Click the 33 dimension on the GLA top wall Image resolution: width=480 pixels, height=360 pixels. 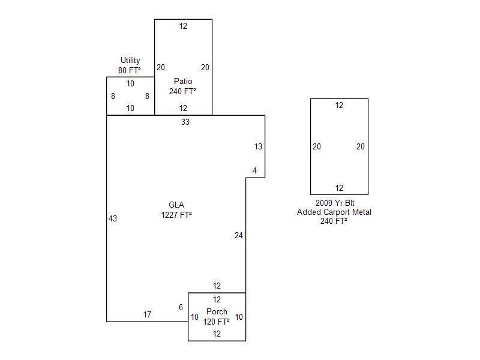(x=185, y=122)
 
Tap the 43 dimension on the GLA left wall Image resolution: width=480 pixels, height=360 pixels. (x=113, y=218)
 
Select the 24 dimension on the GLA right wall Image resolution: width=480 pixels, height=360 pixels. (x=239, y=236)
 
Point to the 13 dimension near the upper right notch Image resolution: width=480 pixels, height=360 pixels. (x=258, y=146)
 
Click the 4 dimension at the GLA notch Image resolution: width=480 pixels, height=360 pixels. (x=254, y=171)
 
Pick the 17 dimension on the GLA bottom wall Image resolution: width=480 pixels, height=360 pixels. (x=147, y=314)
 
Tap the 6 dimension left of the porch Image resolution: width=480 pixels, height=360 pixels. (x=181, y=308)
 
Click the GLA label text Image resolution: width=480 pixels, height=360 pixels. (x=176, y=205)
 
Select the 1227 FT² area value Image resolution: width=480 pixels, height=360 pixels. (x=176, y=215)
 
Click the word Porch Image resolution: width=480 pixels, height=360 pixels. (x=217, y=311)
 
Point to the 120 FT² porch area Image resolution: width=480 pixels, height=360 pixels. (x=217, y=322)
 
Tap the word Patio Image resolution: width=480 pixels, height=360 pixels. (x=183, y=81)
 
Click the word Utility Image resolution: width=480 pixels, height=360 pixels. (x=130, y=60)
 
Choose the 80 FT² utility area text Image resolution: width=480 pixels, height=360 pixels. (x=130, y=70)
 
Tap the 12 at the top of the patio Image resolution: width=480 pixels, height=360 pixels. (x=183, y=26)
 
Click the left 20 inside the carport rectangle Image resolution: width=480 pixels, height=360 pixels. (x=317, y=146)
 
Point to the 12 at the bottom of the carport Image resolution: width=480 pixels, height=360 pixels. (x=339, y=188)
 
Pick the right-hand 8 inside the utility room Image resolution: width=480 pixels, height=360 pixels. (x=147, y=96)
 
